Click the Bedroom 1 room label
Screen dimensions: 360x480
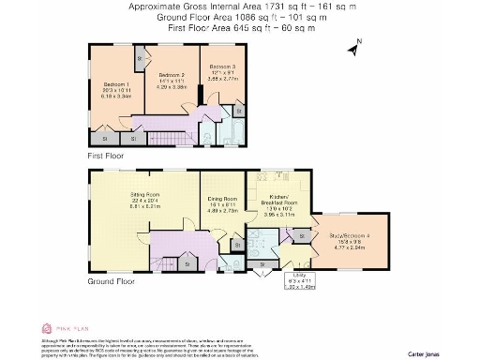click(114, 83)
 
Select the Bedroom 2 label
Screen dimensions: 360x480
click(171, 74)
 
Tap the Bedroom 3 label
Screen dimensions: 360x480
click(221, 67)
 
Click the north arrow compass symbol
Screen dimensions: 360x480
click(354, 47)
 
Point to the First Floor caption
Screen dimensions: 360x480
click(106, 156)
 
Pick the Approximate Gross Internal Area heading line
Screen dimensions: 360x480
click(239, 7)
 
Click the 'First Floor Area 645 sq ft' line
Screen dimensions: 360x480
click(239, 28)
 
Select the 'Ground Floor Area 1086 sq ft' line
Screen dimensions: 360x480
click(239, 17)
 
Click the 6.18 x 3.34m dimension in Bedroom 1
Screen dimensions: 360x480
click(114, 96)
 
